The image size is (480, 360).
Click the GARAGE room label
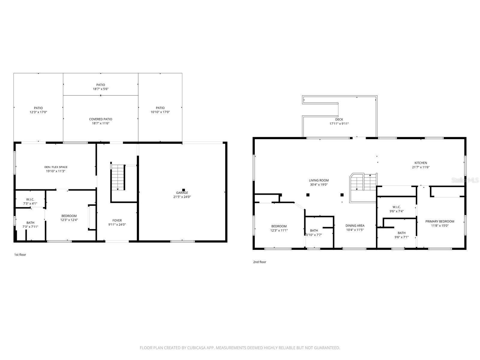(182, 193)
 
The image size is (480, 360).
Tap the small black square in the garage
(184, 190)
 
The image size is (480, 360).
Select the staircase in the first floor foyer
(118, 177)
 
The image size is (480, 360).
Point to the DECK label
(339, 119)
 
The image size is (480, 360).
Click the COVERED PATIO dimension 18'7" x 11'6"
(100, 123)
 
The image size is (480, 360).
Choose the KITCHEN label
(421, 163)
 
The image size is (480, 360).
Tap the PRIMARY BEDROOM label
(439, 221)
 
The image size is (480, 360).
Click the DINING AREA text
(355, 226)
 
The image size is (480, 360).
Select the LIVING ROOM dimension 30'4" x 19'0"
(319, 185)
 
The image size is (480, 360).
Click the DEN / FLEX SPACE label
(56, 167)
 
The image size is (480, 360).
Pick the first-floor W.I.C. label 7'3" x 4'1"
(30, 203)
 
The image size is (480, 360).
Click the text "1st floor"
(20, 255)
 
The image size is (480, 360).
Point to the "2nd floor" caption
(259, 262)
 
